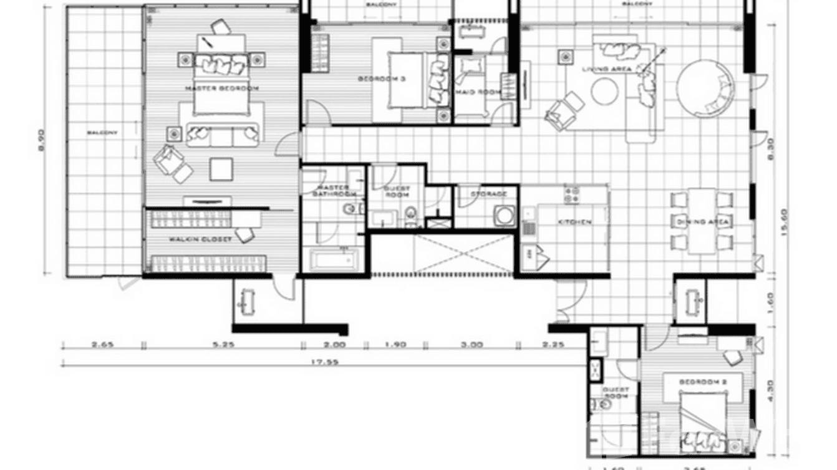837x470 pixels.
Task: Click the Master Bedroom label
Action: click(x=222, y=89)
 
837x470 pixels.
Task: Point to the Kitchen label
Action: click(x=574, y=222)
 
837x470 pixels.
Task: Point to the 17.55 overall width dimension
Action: click(x=331, y=362)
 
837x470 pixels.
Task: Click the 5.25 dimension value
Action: click(x=223, y=344)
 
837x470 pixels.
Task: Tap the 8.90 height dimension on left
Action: click(x=41, y=140)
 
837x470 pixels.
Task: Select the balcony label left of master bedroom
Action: click(x=102, y=133)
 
